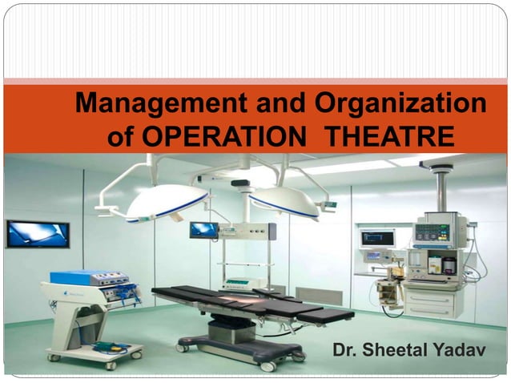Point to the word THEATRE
tap(392, 137)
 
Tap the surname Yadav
tap(462, 350)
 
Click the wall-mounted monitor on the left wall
tap(38, 234)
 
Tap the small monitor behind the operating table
tap(203, 230)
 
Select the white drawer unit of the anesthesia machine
tap(432, 302)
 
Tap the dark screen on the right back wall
tap(376, 237)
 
